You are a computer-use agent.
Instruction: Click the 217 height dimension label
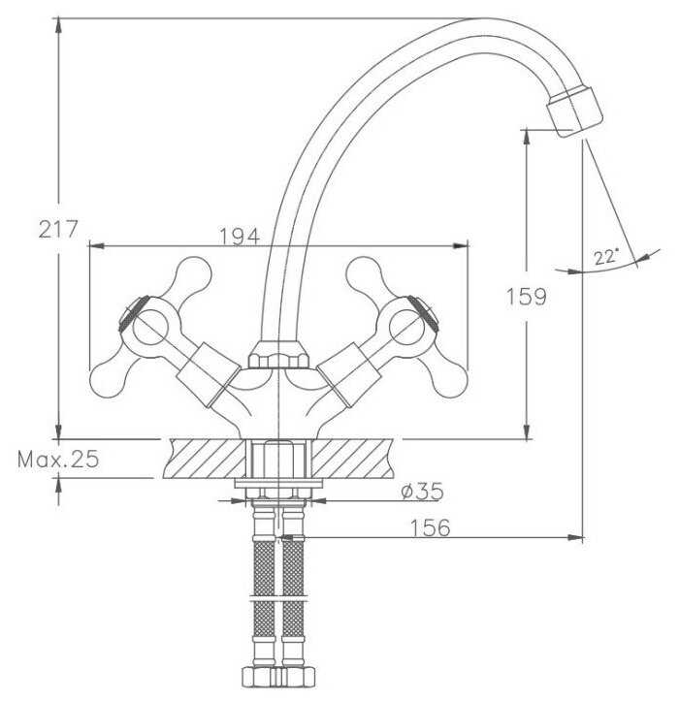58,230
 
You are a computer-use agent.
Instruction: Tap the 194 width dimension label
240,237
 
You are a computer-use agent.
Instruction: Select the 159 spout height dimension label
526,297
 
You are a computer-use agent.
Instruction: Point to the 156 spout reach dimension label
430,527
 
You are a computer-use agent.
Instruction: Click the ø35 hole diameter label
422,492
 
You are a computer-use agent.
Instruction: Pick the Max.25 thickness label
58,460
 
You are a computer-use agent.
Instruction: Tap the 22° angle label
606,257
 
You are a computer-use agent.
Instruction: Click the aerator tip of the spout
575,112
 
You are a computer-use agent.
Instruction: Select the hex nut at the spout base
277,355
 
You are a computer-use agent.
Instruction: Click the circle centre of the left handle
149,327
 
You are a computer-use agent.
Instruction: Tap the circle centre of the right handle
406,327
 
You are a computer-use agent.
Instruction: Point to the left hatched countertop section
205,459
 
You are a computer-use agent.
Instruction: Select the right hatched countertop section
352,459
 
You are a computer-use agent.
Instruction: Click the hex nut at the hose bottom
277,677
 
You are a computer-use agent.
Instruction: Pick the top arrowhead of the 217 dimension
58,26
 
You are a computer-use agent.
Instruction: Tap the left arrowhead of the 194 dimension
97,245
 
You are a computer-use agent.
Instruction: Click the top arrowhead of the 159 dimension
527,137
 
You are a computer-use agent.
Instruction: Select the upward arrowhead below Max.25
58,486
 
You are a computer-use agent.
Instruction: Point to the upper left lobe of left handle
193,273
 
